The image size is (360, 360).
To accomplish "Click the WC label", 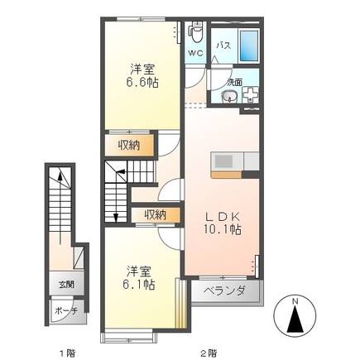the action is [195, 53].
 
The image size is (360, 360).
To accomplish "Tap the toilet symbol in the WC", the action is [195, 32].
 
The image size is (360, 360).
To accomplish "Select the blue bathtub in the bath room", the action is [249, 46].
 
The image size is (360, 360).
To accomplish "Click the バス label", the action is [223, 46].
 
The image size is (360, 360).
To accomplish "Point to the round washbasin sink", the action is [228, 97].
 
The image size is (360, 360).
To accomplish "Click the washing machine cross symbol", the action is [250, 94].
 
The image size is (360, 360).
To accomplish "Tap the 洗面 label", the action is [235, 82].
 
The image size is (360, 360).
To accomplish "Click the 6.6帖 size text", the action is [142, 82].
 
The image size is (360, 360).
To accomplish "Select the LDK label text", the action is [223, 217].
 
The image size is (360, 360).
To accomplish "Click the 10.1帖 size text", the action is [223, 229].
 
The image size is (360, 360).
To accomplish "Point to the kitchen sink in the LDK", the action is [224, 161].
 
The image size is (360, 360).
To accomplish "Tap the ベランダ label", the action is [224, 291].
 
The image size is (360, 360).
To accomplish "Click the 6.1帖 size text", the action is [139, 285].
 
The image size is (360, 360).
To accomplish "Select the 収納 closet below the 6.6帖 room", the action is [129, 146].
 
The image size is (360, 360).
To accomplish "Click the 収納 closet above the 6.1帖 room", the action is [156, 214].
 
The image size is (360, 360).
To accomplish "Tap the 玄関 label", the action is [66, 284].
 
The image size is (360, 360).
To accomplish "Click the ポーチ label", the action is [65, 311].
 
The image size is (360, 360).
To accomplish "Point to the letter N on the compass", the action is [295, 302].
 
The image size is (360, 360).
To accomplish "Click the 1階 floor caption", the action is [68, 353].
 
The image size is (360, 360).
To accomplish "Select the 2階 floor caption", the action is [209, 353].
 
